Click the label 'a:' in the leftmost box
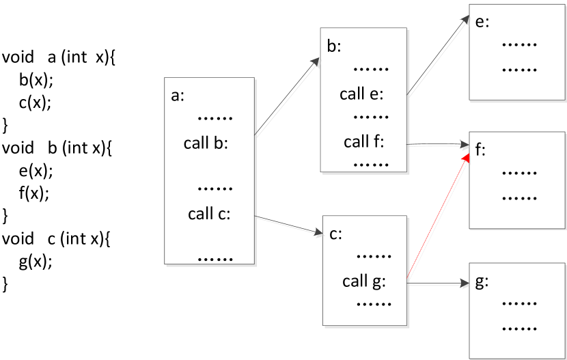pyautogui.click(x=178, y=96)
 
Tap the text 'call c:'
pyautogui.click(x=209, y=214)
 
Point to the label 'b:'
pyautogui.click(x=334, y=46)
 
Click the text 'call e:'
pyautogui.click(x=361, y=94)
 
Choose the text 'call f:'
pyautogui.click(x=364, y=141)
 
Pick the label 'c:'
pyautogui.click(x=335, y=234)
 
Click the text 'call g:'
pyautogui.click(x=364, y=281)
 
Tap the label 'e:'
pyautogui.click(x=482, y=21)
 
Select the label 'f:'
pyautogui.click(x=481, y=149)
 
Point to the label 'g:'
pyautogui.click(x=482, y=281)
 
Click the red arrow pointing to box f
pyautogui.click(x=437, y=216)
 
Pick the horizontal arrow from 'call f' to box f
pyautogui.click(x=438, y=145)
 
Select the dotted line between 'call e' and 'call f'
pyautogui.click(x=371, y=117)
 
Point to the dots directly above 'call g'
pyautogui.click(x=374, y=257)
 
